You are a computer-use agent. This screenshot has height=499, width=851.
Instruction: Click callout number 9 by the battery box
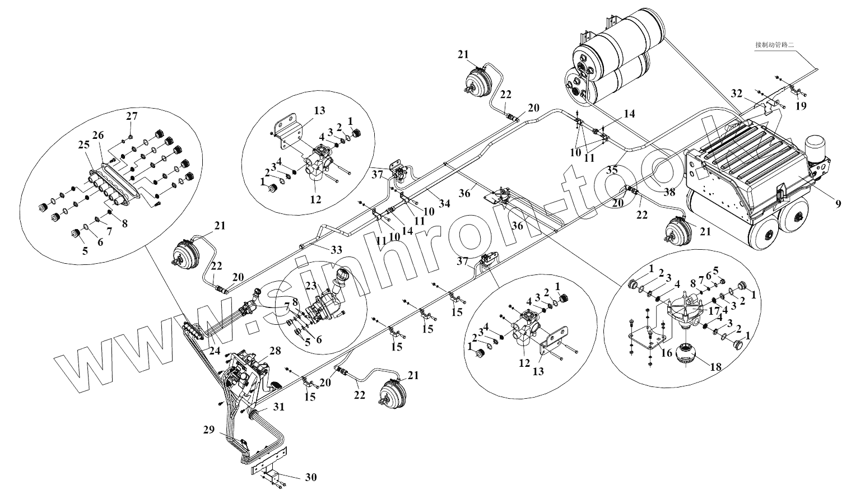[x=838, y=204]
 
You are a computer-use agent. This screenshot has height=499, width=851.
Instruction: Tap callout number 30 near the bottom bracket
[x=311, y=477]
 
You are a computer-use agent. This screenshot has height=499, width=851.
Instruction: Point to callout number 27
[x=131, y=117]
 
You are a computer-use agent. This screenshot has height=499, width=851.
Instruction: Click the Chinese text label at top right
[x=775, y=45]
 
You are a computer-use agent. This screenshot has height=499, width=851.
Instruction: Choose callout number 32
[x=737, y=92]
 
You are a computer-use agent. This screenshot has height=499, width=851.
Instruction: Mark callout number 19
[x=802, y=105]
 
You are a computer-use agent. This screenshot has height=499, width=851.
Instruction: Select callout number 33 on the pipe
[x=336, y=250]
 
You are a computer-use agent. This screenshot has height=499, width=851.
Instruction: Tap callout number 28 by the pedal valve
[x=275, y=351]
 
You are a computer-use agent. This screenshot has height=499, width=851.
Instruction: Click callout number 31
[x=278, y=406]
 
